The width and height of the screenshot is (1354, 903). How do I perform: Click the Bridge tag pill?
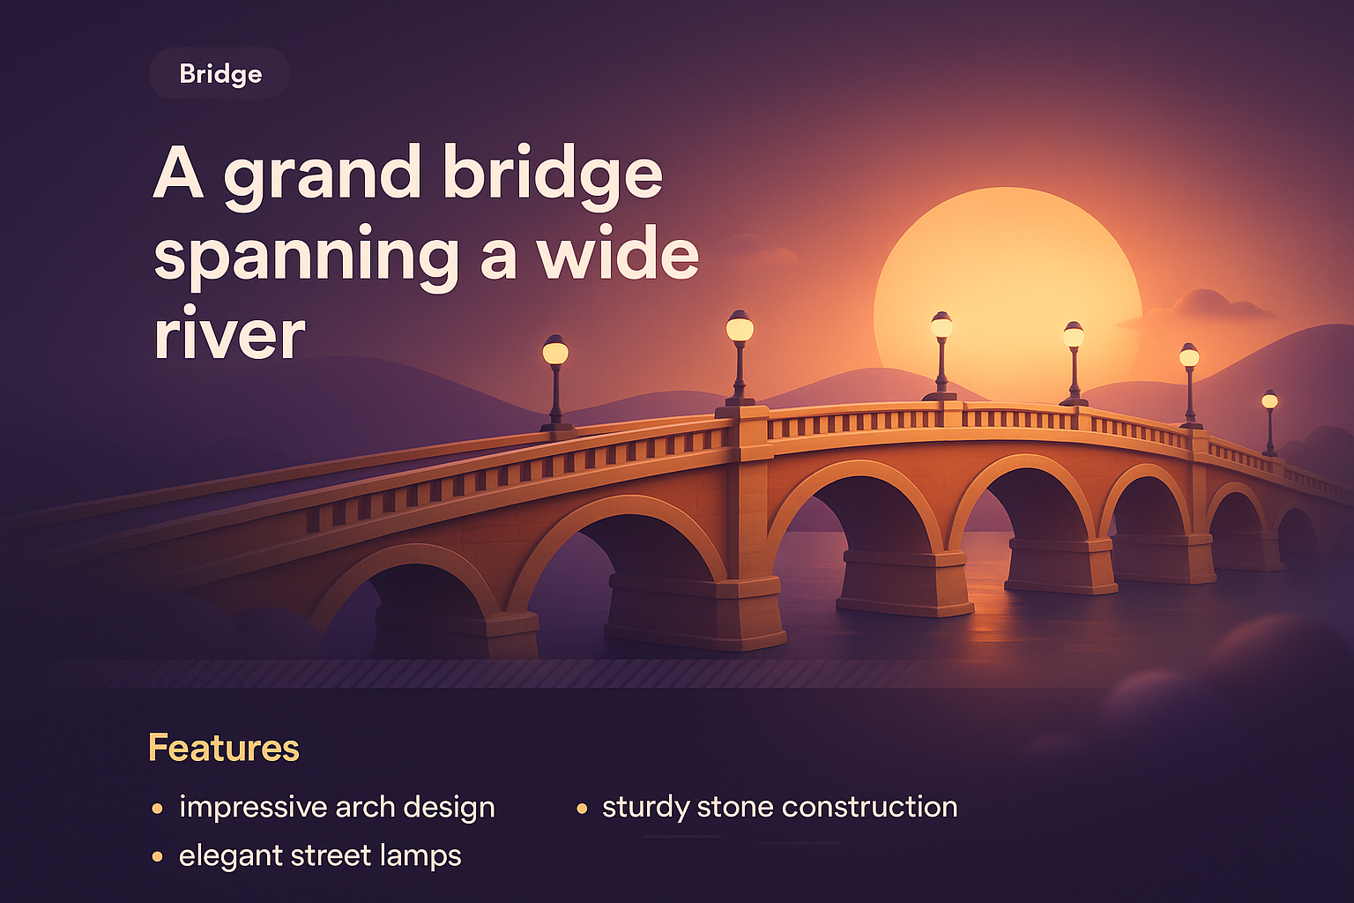[219, 73]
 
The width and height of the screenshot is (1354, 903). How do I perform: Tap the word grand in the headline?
[322, 175]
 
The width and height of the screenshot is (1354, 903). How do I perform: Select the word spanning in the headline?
[306, 256]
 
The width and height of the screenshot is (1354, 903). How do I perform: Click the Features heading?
[224, 748]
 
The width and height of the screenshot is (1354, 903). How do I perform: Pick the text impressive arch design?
[337, 807]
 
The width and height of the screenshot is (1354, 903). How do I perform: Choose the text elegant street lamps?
[320, 855]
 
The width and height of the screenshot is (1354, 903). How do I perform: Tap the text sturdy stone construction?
[779, 807]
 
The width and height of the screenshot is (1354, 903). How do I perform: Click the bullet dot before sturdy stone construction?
[582, 808]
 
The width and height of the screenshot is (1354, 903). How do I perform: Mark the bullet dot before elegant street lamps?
[158, 856]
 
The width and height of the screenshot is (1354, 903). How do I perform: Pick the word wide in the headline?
[618, 256]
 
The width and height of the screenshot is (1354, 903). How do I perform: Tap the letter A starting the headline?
[179, 174]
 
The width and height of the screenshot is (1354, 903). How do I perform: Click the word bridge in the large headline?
[552, 175]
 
